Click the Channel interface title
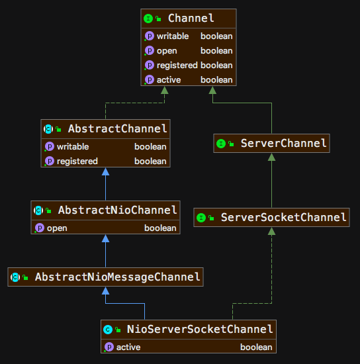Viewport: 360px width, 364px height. tap(191, 18)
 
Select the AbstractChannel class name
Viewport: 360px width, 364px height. tap(117, 128)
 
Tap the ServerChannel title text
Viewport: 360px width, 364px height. tap(283, 143)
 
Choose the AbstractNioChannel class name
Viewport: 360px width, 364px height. tap(117, 210)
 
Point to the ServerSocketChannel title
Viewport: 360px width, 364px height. tap(283, 217)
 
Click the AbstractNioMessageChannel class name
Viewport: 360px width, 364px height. tap(117, 277)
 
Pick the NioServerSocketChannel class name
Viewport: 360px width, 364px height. tap(200, 329)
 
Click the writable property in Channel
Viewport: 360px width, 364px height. tap(173, 36)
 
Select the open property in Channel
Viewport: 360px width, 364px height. tap(167, 51)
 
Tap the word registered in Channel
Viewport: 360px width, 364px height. tap(177, 66)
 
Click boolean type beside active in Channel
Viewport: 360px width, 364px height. tap(216, 80)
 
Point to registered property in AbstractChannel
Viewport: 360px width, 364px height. tap(77, 161)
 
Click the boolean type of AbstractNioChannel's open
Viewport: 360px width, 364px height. tap(160, 228)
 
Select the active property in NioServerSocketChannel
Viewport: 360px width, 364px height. tap(128, 347)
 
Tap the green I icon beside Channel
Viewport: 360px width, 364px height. tap(148, 19)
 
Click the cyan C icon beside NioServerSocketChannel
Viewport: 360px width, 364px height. tap(108, 330)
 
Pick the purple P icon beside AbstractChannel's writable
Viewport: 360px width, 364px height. tap(50, 146)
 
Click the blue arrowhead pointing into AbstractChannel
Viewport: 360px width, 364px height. tap(106, 171)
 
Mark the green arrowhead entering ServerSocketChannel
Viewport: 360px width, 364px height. tap(271, 231)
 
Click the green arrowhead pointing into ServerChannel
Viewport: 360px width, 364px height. tap(271, 157)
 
